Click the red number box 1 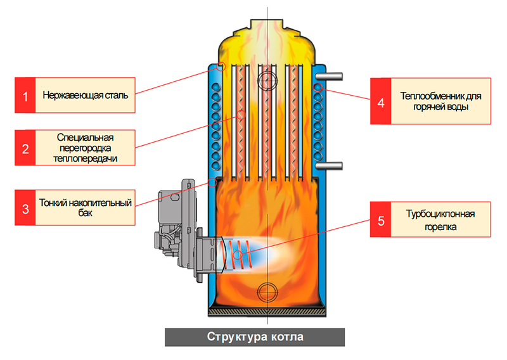click(25, 96)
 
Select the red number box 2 click(25, 149)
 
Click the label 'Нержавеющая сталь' click(86, 96)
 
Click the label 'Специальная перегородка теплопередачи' click(86, 149)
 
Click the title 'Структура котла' click(255, 337)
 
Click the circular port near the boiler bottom click(268, 292)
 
